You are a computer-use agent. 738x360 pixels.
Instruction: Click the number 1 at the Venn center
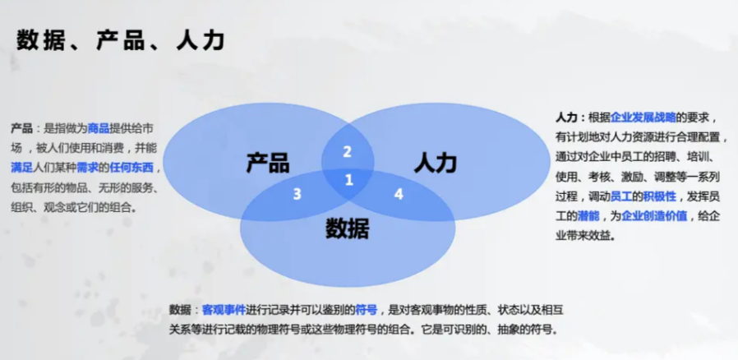pos(348,180)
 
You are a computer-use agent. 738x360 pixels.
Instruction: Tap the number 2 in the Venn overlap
pos(347,152)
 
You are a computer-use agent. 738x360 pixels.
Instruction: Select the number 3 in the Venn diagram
pos(297,194)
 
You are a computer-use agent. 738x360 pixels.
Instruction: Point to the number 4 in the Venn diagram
pos(399,194)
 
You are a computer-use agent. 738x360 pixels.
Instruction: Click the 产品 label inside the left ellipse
pos(268,163)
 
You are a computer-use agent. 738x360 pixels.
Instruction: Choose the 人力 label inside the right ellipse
pos(436,164)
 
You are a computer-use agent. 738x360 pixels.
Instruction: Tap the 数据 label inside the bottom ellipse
pos(348,229)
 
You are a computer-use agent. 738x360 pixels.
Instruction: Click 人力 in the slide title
pos(200,40)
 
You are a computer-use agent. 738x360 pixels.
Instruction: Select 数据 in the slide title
pos(40,40)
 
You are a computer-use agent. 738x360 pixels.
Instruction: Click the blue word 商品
pos(99,128)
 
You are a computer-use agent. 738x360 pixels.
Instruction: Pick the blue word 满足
pos(21,167)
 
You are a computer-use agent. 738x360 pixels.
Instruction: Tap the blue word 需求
pos(88,167)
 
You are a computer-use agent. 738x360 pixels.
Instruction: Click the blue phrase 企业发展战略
pos(643,118)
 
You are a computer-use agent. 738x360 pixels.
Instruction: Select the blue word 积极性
pos(659,196)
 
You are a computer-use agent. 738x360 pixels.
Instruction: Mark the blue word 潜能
pos(588,216)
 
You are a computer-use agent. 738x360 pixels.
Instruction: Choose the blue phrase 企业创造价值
pos(654,216)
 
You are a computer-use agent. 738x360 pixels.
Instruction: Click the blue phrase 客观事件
pos(224,310)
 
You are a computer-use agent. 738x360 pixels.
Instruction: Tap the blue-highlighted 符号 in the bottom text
pos(367,310)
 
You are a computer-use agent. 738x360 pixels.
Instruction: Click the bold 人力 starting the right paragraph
pos(566,118)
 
